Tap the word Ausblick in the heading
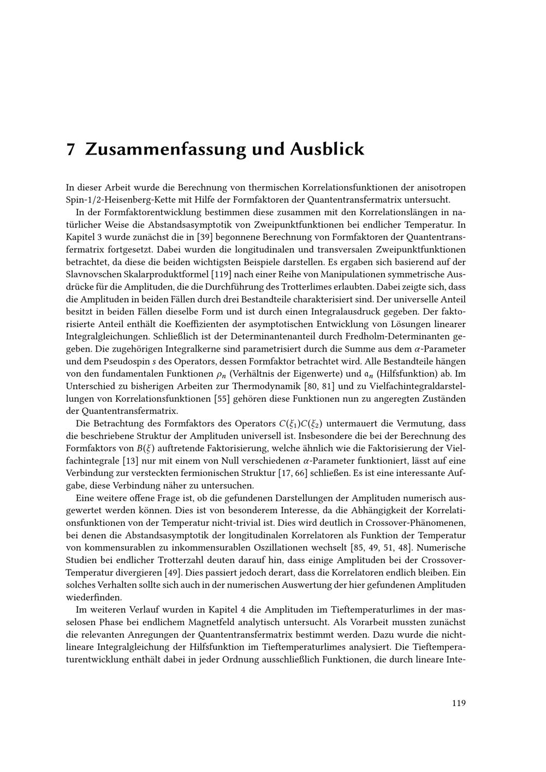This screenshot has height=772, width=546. [x=327, y=149]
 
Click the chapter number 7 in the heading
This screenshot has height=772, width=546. [x=70, y=150]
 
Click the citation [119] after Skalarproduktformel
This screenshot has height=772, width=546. [x=217, y=274]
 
